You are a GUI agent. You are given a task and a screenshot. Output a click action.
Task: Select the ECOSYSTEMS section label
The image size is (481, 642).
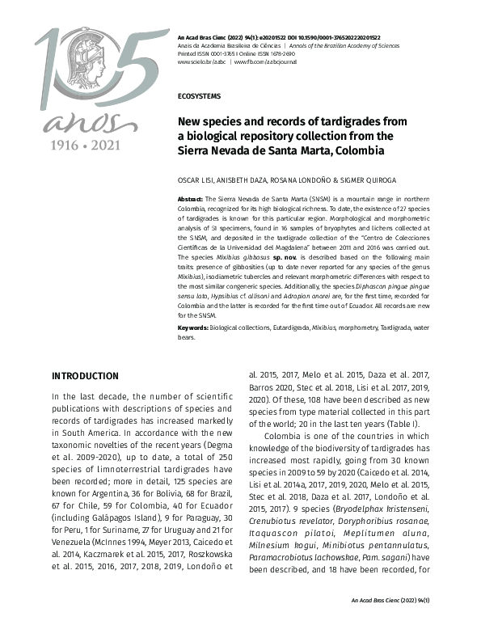click(200, 95)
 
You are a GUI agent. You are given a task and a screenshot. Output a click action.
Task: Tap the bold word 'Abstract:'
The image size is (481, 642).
click(191, 198)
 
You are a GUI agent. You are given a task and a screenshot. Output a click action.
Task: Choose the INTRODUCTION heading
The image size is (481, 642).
click(85, 376)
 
